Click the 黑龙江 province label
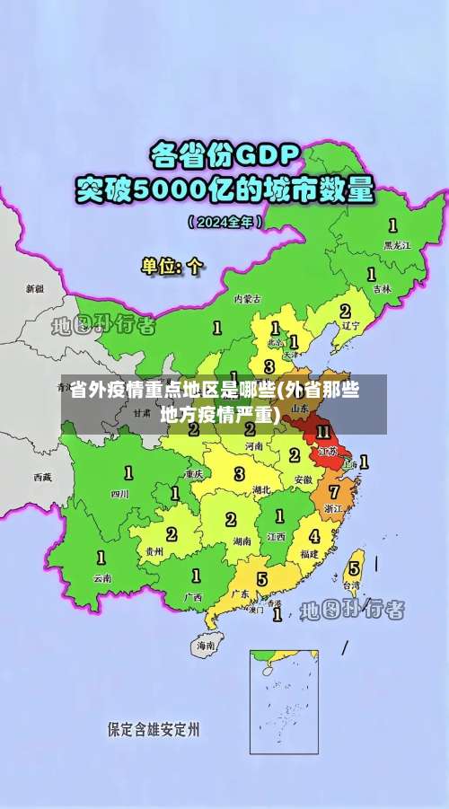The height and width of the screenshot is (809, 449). pyautogui.click(x=396, y=244)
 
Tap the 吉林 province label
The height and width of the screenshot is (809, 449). pyautogui.click(x=383, y=288)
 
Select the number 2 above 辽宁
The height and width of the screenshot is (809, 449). pyautogui.click(x=345, y=311)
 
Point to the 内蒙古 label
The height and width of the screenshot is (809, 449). pyautogui.click(x=248, y=298)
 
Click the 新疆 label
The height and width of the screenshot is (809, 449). pyautogui.click(x=34, y=288)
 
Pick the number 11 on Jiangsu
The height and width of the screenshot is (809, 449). pyautogui.click(x=324, y=432)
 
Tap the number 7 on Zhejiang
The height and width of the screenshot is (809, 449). pyautogui.click(x=334, y=492)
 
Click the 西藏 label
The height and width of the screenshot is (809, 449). pyautogui.click(x=42, y=477)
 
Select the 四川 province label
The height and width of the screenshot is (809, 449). pyautogui.click(x=119, y=493)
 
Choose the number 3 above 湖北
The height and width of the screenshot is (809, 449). pyautogui.click(x=239, y=473)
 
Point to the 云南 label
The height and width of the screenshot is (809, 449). pyautogui.click(x=102, y=578)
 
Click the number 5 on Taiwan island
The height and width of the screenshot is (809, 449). pyautogui.click(x=355, y=567)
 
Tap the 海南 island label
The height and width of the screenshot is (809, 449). pyautogui.click(x=206, y=645)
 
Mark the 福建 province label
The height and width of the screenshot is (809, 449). pyautogui.click(x=310, y=554)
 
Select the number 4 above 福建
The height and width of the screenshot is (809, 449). pyautogui.click(x=314, y=536)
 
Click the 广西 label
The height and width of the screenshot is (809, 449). pyautogui.click(x=193, y=596)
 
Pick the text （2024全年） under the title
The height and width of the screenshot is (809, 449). pyautogui.click(x=224, y=220)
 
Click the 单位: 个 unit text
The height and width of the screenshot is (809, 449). pyautogui.click(x=172, y=266)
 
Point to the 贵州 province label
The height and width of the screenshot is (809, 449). pyautogui.click(x=154, y=551)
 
